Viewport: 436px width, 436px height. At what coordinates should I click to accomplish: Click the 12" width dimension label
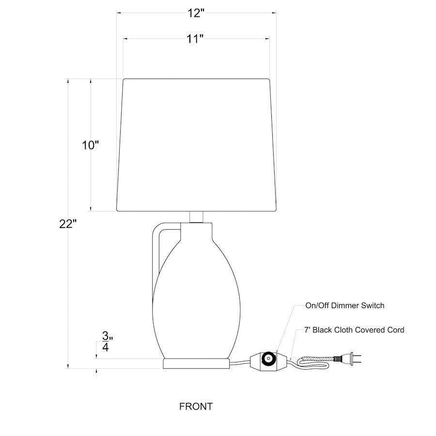tap(196, 13)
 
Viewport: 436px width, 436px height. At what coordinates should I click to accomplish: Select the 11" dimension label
tap(195, 39)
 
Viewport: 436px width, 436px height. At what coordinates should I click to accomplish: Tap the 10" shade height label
tap(91, 145)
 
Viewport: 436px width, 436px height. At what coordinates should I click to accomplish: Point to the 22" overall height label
tap(68, 224)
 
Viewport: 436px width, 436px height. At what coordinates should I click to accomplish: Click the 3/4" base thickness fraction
tap(107, 341)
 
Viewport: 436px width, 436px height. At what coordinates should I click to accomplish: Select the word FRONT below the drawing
tap(196, 406)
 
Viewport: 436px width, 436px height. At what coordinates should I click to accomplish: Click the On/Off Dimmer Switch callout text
tap(345, 306)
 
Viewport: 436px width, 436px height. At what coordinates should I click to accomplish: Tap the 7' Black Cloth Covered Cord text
tap(354, 330)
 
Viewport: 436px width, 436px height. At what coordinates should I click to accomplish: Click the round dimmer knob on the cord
tap(268, 358)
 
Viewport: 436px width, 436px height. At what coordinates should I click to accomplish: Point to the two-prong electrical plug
tap(347, 358)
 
